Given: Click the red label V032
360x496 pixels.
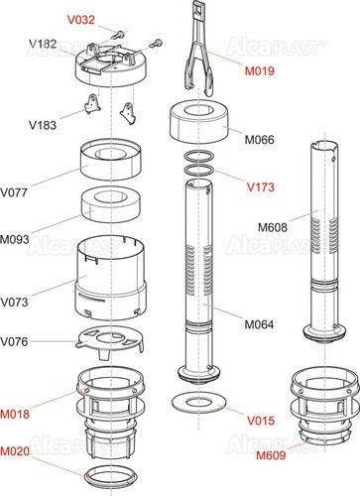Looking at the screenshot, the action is pyautogui.click(x=81, y=20).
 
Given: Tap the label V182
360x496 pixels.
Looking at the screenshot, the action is pyautogui.click(x=43, y=44).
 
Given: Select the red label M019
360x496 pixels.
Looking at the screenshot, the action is pyautogui.click(x=260, y=70).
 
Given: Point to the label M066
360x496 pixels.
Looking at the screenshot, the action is pyautogui.click(x=260, y=140).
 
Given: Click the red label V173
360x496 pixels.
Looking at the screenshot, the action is pyautogui.click(x=261, y=187).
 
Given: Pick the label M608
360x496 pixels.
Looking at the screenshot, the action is pyautogui.click(x=273, y=227).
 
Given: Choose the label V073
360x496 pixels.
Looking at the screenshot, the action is pyautogui.click(x=14, y=302).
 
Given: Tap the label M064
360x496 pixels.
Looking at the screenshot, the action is pyautogui.click(x=259, y=324).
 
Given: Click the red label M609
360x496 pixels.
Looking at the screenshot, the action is pyautogui.click(x=271, y=455).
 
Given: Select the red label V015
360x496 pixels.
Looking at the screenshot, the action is pyautogui.click(x=261, y=421).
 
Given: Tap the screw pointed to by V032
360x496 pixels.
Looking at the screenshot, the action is pyautogui.click(x=119, y=34).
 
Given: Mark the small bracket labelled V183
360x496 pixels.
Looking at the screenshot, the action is pyautogui.click(x=92, y=104).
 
